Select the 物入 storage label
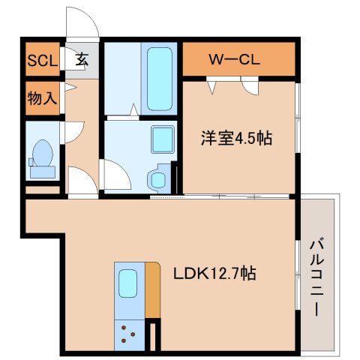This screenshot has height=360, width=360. [x=42, y=98]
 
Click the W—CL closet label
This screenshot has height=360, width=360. [x=234, y=60]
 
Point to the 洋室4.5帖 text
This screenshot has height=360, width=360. [x=234, y=139]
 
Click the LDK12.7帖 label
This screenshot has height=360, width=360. [x=216, y=274]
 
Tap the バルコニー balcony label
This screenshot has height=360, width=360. [x=318, y=276]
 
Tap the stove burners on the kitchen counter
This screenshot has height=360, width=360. [x=129, y=334]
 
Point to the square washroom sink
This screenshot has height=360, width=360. [x=162, y=139]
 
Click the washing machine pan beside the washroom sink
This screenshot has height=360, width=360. [x=158, y=178]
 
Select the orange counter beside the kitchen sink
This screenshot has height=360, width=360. [x=153, y=289]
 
